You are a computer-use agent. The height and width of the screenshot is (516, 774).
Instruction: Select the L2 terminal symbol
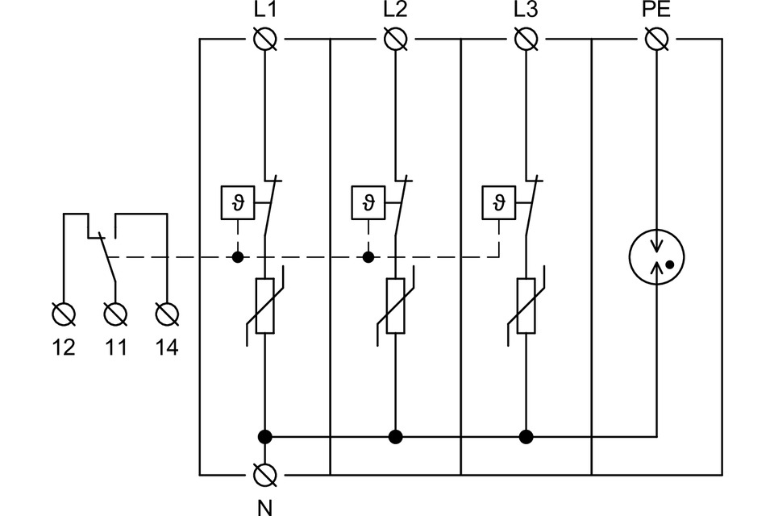pos(395,38)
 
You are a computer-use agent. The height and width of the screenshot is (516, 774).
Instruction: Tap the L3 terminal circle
pos(526,38)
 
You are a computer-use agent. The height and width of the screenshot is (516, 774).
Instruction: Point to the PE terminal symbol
pos(657,38)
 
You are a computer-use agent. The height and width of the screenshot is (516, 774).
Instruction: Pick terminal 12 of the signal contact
pos(64,312)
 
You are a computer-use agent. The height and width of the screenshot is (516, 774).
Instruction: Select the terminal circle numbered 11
pos(115,312)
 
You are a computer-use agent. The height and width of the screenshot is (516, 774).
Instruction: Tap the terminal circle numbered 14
pos(167,312)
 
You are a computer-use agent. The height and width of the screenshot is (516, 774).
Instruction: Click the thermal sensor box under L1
pos(236,202)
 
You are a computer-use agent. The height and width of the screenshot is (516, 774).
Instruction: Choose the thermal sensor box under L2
pos(368,202)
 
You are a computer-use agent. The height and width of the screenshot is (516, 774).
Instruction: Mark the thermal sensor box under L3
pos(497,202)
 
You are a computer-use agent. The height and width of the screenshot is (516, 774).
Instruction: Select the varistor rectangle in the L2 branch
pos(395,306)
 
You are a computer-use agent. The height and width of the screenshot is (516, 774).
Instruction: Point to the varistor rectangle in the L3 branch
pos(526,306)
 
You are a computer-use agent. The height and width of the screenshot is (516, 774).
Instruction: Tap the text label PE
pos(657,10)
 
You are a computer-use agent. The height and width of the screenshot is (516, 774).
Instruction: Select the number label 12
pos(64,347)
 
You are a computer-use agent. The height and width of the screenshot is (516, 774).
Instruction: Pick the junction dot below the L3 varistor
pos(526,437)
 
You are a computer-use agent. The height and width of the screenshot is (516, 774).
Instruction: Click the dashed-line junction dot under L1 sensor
pos(237,258)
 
